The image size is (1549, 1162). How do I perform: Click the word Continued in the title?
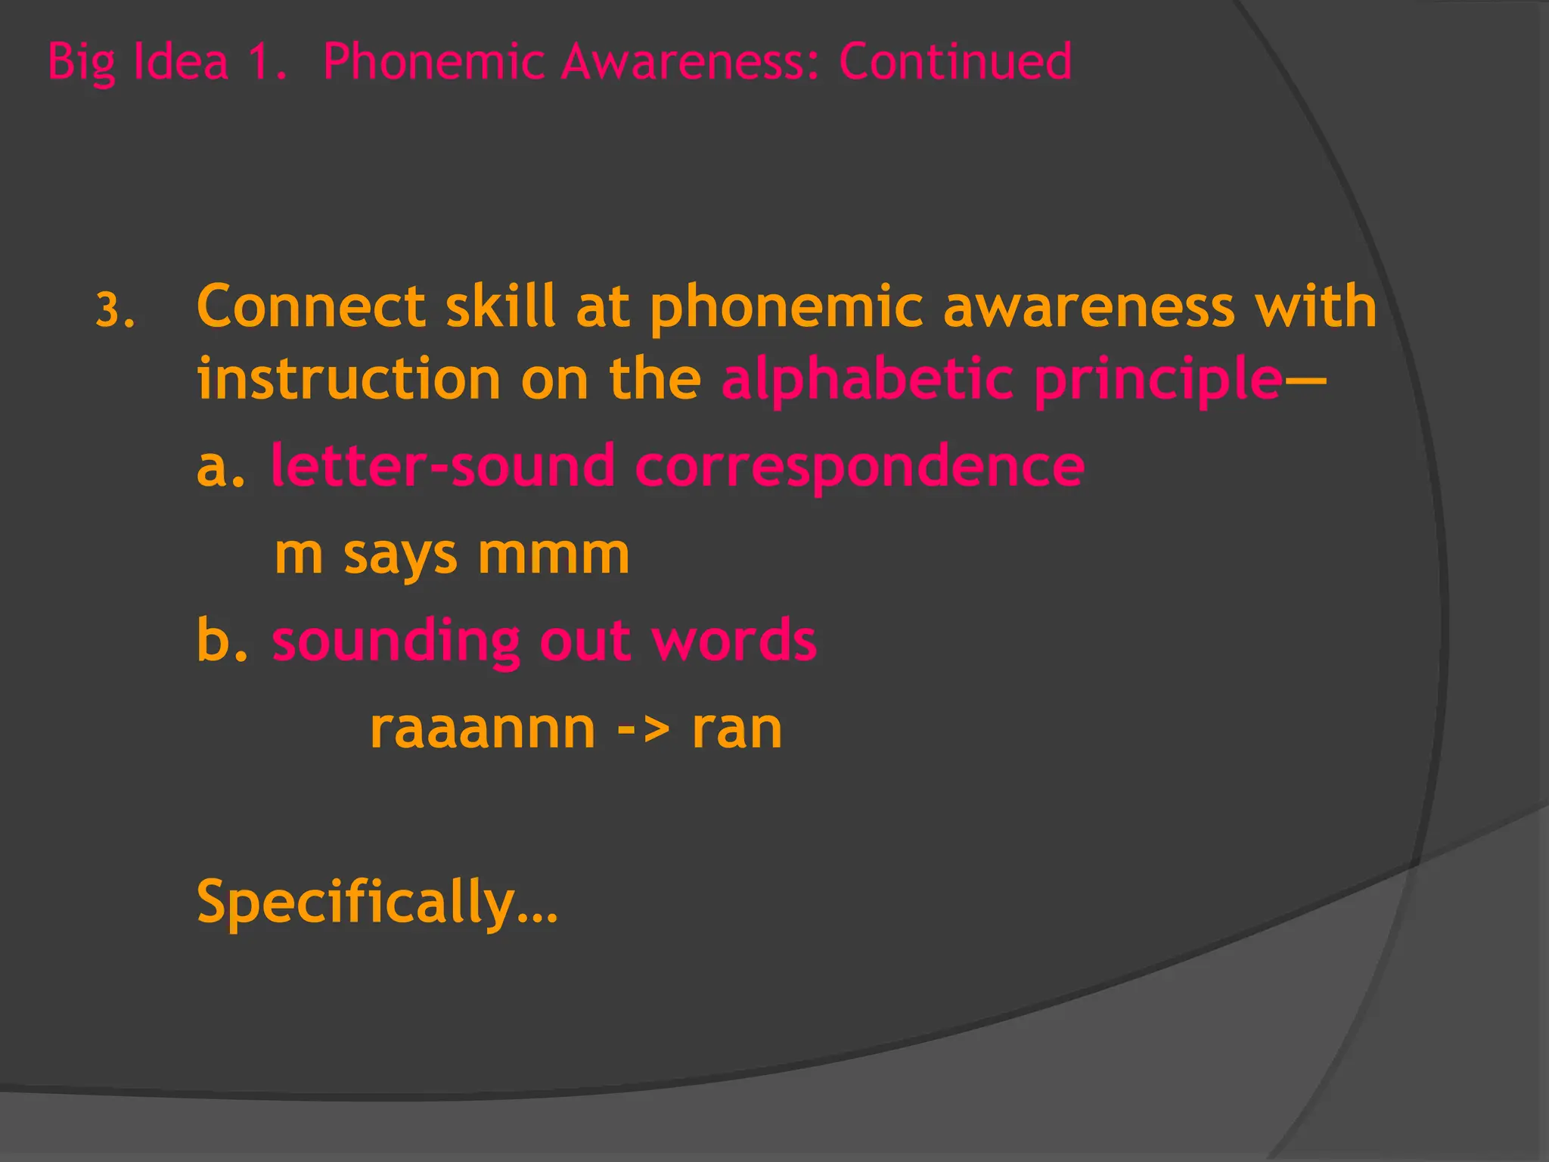click(955, 61)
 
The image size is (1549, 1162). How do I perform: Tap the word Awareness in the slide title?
click(688, 61)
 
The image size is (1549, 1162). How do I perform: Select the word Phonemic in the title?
click(433, 63)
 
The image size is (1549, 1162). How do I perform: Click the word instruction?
click(349, 378)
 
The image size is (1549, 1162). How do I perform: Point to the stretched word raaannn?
click(482, 729)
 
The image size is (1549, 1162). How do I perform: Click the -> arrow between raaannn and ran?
click(644, 729)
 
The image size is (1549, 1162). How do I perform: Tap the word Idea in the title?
click(180, 61)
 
